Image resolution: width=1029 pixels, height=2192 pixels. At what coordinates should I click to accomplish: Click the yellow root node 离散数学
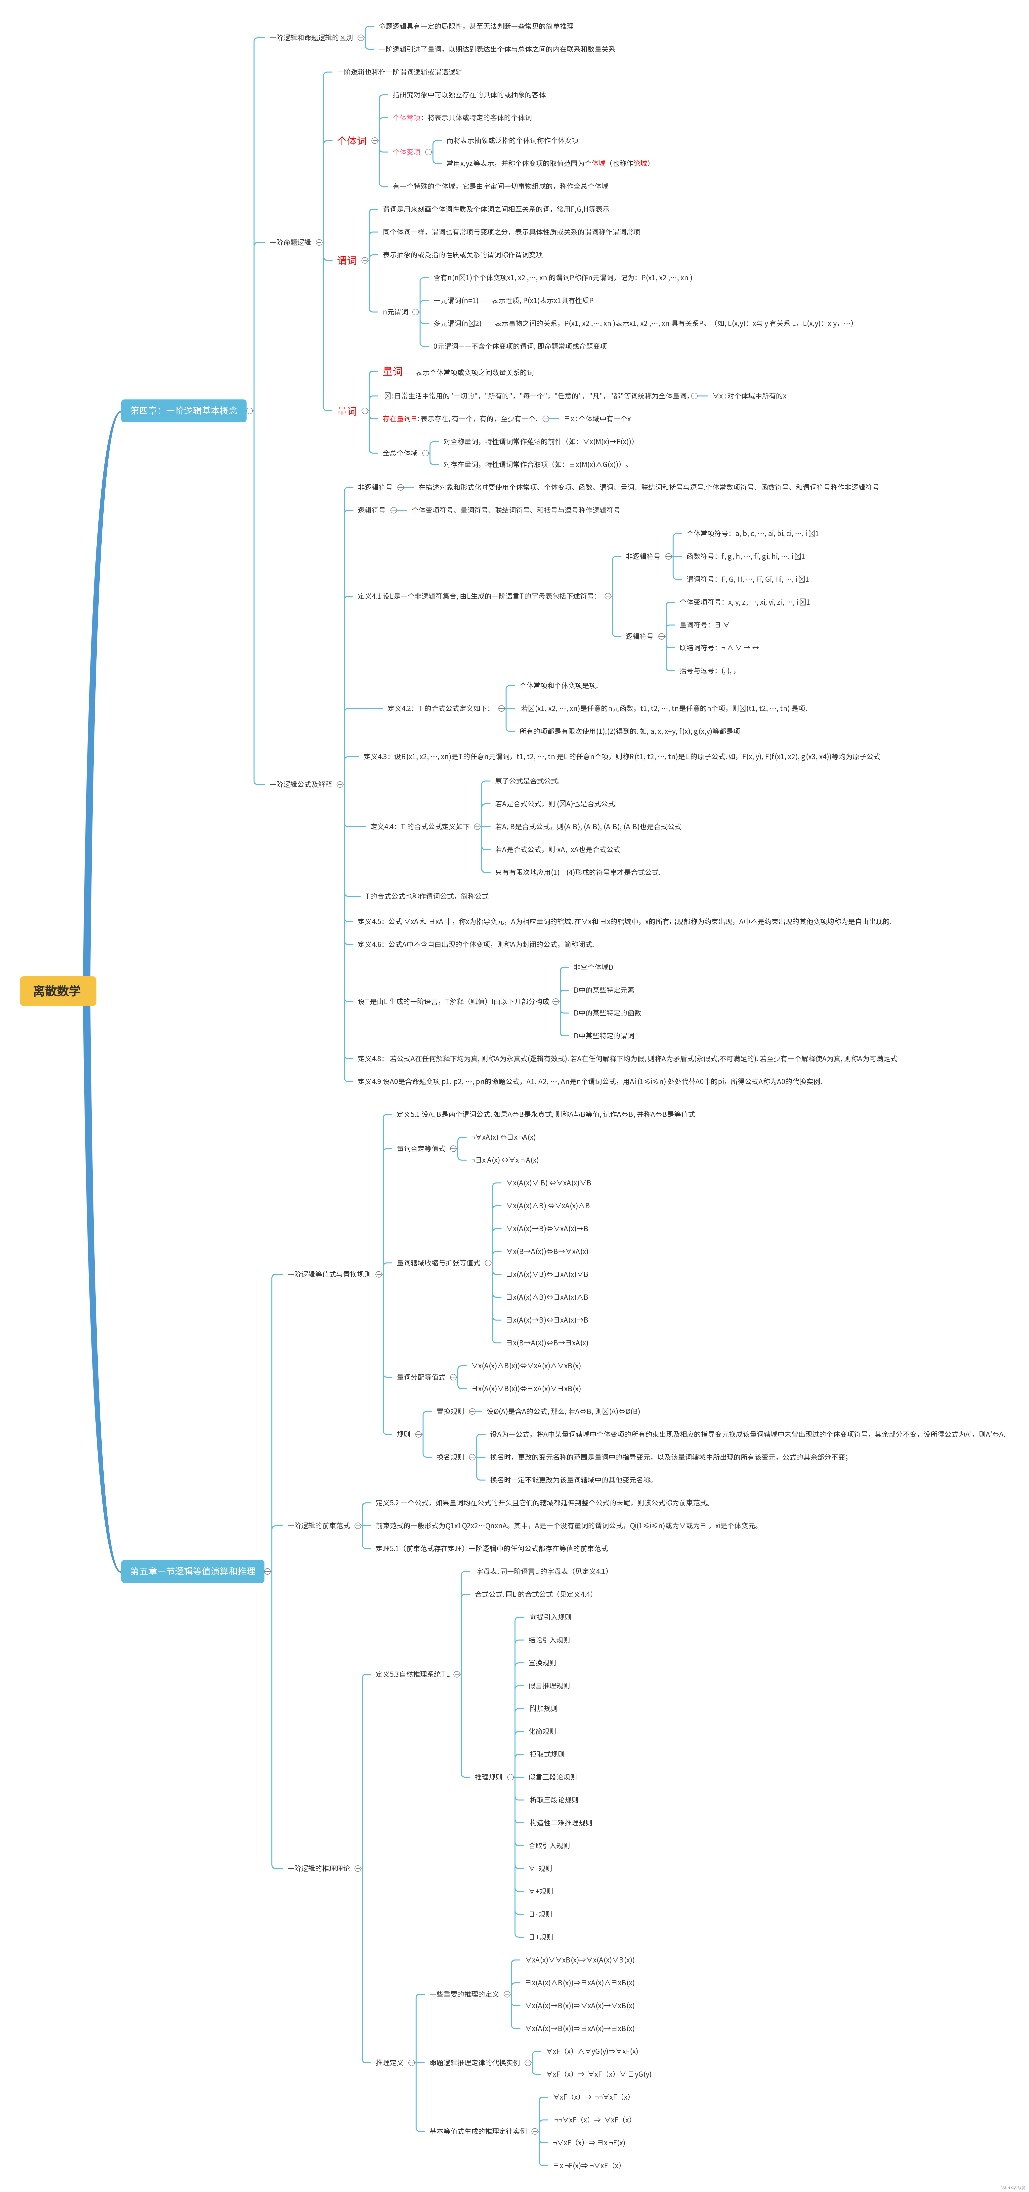click(57, 990)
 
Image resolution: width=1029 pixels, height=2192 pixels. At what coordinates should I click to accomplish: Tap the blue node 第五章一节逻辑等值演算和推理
click(192, 1571)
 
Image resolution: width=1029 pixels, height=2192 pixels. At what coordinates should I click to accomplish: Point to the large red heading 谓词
click(347, 260)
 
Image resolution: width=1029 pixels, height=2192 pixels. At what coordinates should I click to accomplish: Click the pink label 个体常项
click(406, 117)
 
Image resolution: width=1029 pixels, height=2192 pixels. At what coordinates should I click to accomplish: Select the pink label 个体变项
click(406, 152)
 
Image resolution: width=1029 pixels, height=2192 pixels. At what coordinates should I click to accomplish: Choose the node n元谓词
click(395, 312)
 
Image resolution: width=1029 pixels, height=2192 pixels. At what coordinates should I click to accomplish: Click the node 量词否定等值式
click(421, 1148)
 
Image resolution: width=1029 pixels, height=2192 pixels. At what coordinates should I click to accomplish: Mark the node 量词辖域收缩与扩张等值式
click(437, 1263)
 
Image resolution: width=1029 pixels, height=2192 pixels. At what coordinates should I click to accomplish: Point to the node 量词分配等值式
click(421, 1377)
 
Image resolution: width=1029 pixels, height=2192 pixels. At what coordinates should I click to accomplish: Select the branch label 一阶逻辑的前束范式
click(318, 1526)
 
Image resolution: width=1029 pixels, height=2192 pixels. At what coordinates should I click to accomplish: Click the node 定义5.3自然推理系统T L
click(412, 1674)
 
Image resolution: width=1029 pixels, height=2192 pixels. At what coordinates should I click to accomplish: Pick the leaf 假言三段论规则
click(552, 1777)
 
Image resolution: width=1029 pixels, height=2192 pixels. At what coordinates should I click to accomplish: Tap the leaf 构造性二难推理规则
click(560, 1823)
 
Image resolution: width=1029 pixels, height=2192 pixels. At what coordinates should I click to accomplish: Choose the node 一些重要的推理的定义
click(464, 1994)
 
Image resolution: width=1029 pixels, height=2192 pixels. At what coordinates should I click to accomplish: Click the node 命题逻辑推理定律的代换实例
click(474, 2063)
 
